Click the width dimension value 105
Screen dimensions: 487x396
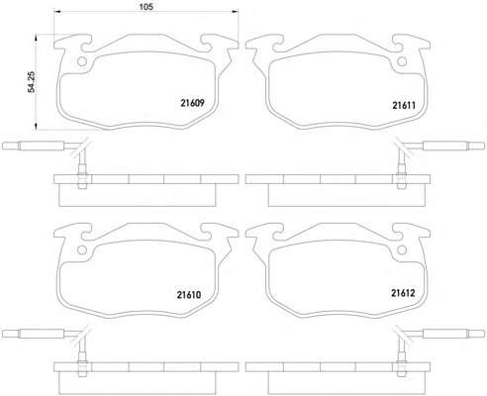(146, 6)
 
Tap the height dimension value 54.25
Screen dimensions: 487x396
(32, 81)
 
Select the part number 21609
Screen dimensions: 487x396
(192, 103)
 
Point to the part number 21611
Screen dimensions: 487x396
(404, 105)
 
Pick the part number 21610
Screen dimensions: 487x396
(189, 295)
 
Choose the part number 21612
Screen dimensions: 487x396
(403, 293)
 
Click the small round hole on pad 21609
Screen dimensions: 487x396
(81, 61)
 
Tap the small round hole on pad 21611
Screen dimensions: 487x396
(402, 61)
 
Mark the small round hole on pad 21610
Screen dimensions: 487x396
(81, 249)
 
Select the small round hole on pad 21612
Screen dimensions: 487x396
(402, 249)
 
